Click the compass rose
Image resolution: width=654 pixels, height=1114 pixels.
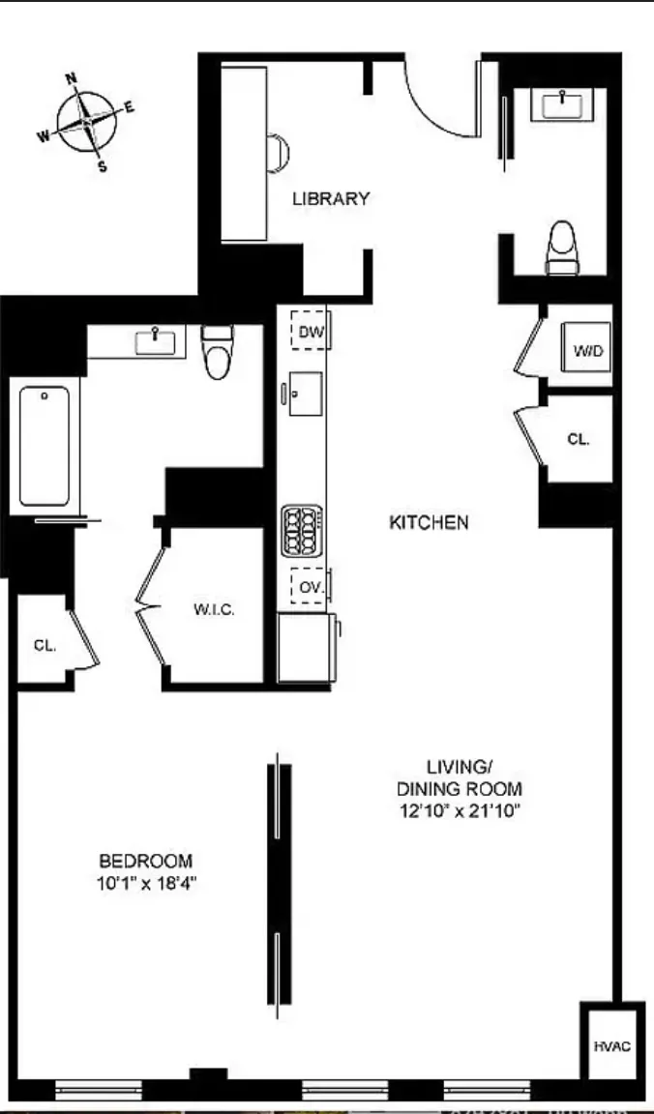coord(86,123)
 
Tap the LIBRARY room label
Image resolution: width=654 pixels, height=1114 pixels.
coord(331,199)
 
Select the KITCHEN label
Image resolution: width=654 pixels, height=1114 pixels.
coord(429,522)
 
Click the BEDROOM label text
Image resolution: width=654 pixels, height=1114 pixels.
coord(146,861)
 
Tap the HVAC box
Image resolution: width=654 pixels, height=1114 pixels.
coord(611,1045)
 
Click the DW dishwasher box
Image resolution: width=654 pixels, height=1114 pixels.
coord(310,333)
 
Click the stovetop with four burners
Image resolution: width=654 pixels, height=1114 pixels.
coord(301,531)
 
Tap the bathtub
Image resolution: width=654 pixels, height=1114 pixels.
coord(44,446)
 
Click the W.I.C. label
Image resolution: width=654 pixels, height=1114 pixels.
coord(214,609)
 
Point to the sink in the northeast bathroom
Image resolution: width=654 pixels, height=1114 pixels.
coord(561,103)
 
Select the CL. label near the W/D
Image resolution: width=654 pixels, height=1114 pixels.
coord(578,439)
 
